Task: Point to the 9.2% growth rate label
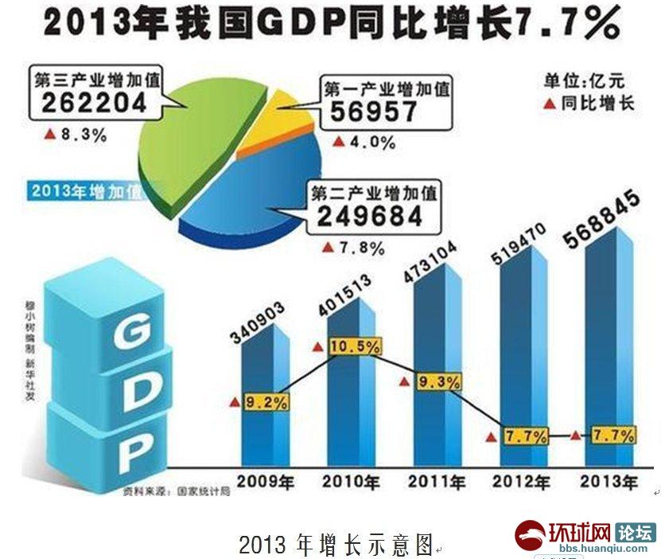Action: point(266,402)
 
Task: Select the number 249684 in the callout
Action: point(375,217)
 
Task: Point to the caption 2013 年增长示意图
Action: point(338,545)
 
